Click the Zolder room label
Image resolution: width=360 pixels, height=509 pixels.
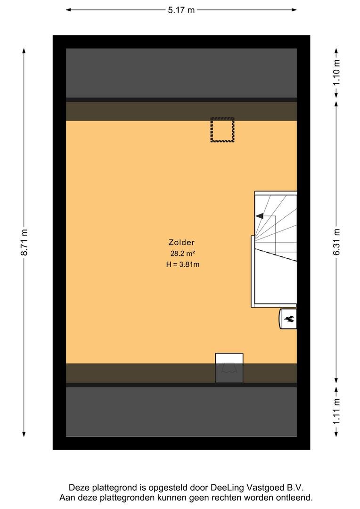[x=181, y=242]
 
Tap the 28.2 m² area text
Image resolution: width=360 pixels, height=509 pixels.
[x=182, y=254]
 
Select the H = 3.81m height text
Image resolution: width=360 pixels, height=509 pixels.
[x=183, y=264]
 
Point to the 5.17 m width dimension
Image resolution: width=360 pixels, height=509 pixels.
[x=181, y=10]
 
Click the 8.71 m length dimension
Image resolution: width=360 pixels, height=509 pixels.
[x=24, y=242]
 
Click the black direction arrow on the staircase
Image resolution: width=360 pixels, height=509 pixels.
[x=259, y=216]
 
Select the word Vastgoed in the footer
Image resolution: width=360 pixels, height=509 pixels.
[x=266, y=487]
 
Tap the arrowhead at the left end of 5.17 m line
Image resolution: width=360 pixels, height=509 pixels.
[x=68, y=10]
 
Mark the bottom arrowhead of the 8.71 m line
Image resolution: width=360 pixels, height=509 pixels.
[x=24, y=435]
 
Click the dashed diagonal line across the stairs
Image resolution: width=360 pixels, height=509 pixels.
[x=276, y=254]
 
